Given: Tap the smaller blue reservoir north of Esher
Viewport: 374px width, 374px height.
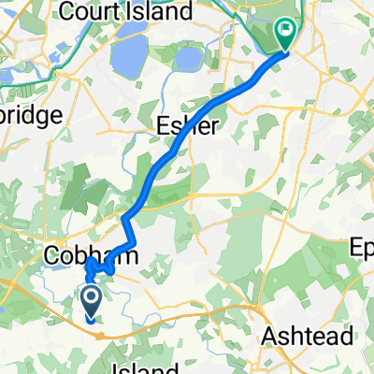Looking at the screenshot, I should click(x=187, y=59).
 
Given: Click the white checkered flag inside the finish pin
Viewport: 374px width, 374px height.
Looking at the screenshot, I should click(x=285, y=32).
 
